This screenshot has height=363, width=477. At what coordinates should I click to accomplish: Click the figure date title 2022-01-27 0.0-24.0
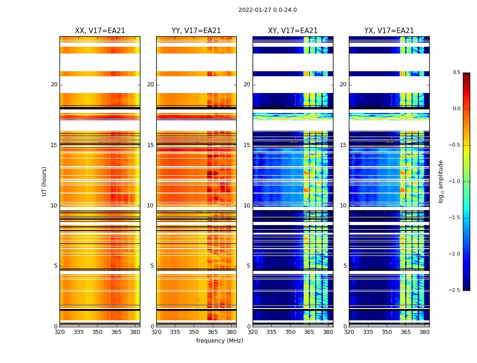267,10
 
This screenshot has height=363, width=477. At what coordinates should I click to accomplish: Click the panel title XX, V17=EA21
100,31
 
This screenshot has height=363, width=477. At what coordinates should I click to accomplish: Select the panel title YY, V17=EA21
196,31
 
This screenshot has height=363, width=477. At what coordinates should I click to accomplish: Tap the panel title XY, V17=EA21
293,31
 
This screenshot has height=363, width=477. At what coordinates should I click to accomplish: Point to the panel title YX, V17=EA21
389,31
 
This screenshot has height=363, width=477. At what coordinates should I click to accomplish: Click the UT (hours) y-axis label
44,181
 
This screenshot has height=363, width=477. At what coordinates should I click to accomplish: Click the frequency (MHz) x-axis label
219,341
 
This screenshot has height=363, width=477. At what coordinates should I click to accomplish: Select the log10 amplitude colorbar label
441,181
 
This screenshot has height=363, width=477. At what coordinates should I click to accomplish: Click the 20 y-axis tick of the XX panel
54,84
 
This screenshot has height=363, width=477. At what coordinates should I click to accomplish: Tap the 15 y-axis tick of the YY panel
150,145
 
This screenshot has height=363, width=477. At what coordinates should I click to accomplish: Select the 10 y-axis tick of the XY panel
247,206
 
